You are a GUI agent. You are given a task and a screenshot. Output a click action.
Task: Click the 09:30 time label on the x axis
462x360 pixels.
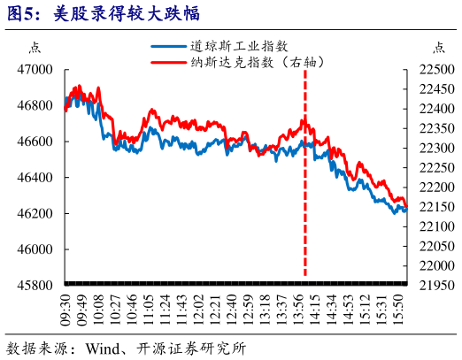65,310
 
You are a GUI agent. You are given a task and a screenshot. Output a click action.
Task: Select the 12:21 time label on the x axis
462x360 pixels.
216,310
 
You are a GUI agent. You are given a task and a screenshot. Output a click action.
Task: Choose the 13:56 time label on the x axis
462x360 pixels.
300,310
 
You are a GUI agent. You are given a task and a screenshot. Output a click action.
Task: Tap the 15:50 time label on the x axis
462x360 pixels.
400,310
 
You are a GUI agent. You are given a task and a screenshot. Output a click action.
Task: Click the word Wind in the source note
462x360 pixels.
104,348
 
